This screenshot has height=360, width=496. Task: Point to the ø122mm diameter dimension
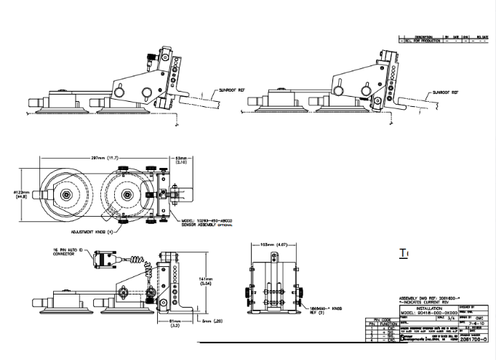[x=23, y=193]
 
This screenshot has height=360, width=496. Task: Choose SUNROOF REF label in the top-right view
[x=446, y=93]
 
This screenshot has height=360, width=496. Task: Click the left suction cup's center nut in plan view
[x=66, y=195]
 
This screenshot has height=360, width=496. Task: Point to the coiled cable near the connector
[x=136, y=260]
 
